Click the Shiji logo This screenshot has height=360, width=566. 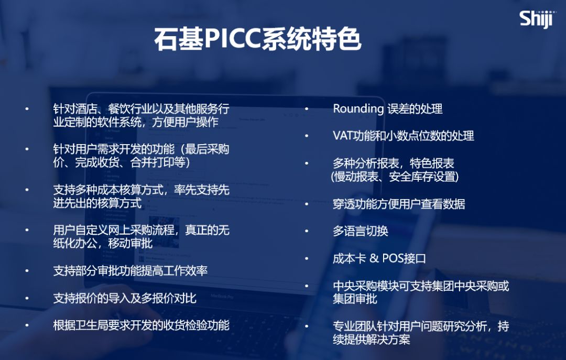coord(536,18)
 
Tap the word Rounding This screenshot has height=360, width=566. coord(358,108)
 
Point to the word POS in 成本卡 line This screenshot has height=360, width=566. coord(393,258)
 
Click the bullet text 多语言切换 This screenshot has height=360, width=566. coord(361,231)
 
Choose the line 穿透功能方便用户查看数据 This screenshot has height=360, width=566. coord(399,204)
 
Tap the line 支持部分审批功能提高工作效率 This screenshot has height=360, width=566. coord(130,271)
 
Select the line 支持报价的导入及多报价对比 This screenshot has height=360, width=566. coord(125,298)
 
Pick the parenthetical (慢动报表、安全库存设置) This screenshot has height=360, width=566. coord(395,177)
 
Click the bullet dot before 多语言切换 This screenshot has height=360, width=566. coord(308,232)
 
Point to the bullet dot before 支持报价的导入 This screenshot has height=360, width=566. coord(28,299)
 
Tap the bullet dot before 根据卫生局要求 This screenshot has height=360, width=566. coord(28,326)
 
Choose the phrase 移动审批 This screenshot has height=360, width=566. coord(130,244)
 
